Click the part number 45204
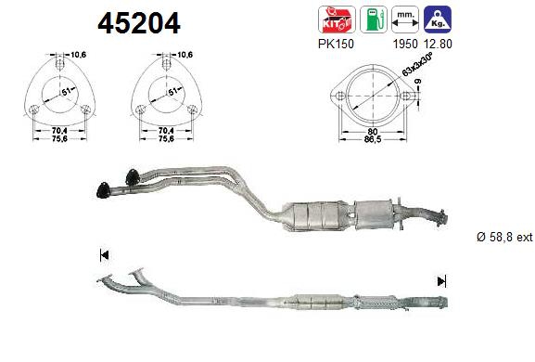pos(139,23)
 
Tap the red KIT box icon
pos(337,19)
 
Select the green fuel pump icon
pos(374,19)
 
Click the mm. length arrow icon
pos(405,19)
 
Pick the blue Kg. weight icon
pos(438,19)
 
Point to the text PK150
pos(336,44)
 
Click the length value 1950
pos(405,44)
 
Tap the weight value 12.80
pos(438,44)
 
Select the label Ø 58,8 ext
pos(504,237)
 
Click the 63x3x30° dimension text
pos(417,65)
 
